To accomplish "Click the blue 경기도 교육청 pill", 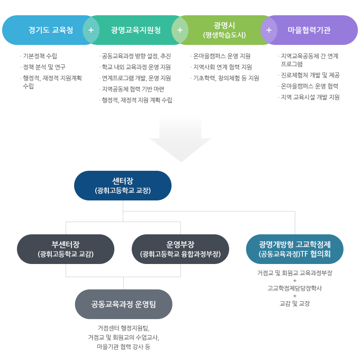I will [x=47, y=30].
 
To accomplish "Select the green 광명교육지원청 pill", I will [x=136, y=30].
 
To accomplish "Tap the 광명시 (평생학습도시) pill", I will [x=224, y=30].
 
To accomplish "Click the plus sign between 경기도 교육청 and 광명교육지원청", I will [x=91, y=30].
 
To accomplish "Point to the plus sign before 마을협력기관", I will [x=269, y=30].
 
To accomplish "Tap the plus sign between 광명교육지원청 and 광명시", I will [x=180, y=30].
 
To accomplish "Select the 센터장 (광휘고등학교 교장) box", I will [x=123, y=186].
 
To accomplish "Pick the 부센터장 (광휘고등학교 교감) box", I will [x=66, y=249].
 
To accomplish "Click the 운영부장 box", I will [x=180, y=249].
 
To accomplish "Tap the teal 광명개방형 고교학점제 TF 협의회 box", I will [x=295, y=249].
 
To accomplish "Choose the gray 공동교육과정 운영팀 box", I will [x=124, y=304].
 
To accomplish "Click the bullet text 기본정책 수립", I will [x=40, y=56].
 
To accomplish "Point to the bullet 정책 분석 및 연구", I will [x=44, y=67].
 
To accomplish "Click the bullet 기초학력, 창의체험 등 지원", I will [x=226, y=78].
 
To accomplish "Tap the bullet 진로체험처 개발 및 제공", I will [x=310, y=75].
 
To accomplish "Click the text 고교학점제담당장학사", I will [x=295, y=288].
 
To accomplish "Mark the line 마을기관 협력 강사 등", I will [x=124, y=347].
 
